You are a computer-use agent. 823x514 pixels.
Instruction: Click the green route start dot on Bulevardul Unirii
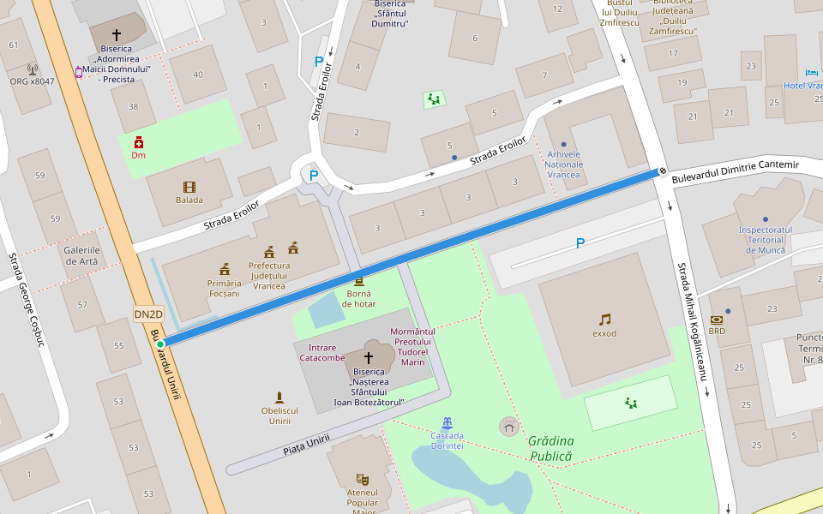(x=160, y=344)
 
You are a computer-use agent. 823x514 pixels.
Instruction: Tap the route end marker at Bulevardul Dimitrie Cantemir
(x=662, y=170)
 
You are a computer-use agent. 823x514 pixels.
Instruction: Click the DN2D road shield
(x=148, y=314)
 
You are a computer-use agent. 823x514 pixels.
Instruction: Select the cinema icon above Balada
(x=189, y=187)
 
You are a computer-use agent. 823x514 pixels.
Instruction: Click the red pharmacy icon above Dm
(x=138, y=142)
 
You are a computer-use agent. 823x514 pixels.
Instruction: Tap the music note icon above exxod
(x=604, y=320)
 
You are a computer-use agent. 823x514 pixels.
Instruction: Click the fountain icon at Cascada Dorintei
(x=447, y=423)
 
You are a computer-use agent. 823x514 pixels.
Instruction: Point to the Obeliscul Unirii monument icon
(x=279, y=397)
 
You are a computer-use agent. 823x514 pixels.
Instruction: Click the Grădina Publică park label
(x=550, y=448)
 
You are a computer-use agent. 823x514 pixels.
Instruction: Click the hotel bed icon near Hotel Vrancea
(x=812, y=73)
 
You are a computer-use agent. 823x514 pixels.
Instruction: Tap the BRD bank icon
(x=717, y=320)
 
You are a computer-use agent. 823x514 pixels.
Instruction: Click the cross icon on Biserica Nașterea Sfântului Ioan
(x=369, y=357)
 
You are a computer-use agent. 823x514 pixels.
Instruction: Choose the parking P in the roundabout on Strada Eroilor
(x=313, y=176)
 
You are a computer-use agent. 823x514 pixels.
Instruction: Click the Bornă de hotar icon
(x=358, y=281)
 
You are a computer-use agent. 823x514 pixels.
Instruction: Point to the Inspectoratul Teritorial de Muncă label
(x=765, y=239)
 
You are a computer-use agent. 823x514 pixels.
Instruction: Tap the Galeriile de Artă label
(x=81, y=255)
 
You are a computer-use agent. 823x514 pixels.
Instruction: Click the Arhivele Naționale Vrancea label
(x=563, y=164)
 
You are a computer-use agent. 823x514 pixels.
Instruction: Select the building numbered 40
(x=198, y=75)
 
